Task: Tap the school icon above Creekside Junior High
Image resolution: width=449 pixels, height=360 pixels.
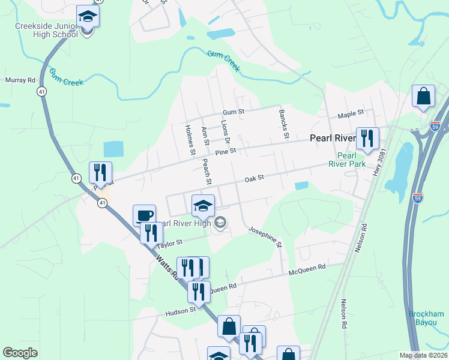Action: tap(88, 16)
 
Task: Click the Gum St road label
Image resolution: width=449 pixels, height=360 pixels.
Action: tap(234, 112)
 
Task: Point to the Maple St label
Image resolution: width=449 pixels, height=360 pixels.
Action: tap(351, 113)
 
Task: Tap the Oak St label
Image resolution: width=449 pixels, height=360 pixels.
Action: tap(255, 178)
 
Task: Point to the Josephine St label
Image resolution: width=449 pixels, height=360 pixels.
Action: tap(265, 236)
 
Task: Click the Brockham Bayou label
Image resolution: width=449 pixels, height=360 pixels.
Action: tap(426, 318)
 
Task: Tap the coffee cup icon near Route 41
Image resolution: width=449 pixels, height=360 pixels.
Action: tap(144, 214)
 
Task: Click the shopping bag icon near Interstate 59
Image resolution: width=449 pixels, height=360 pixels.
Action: tap(423, 96)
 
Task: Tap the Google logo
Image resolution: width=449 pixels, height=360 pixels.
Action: tap(20, 353)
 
